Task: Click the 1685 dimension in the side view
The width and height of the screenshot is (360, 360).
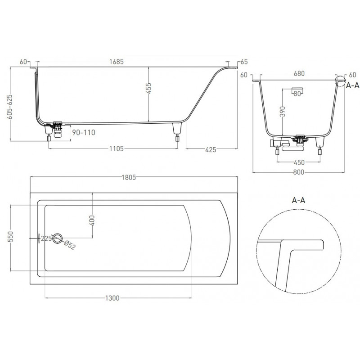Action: point(117,62)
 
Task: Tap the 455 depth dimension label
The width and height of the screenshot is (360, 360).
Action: point(149,88)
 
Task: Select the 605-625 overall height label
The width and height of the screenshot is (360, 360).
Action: point(9,107)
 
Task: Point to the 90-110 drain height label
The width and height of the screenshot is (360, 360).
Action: point(84,132)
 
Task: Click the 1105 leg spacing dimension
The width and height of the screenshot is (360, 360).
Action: point(117,149)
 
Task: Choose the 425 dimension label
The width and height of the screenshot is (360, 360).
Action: point(211,150)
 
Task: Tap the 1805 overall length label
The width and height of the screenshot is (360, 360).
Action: point(129,177)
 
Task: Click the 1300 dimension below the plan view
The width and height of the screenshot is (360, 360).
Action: point(112,298)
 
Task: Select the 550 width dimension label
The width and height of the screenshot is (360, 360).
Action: point(10,237)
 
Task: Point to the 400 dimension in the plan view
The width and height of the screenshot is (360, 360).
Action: point(92,220)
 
